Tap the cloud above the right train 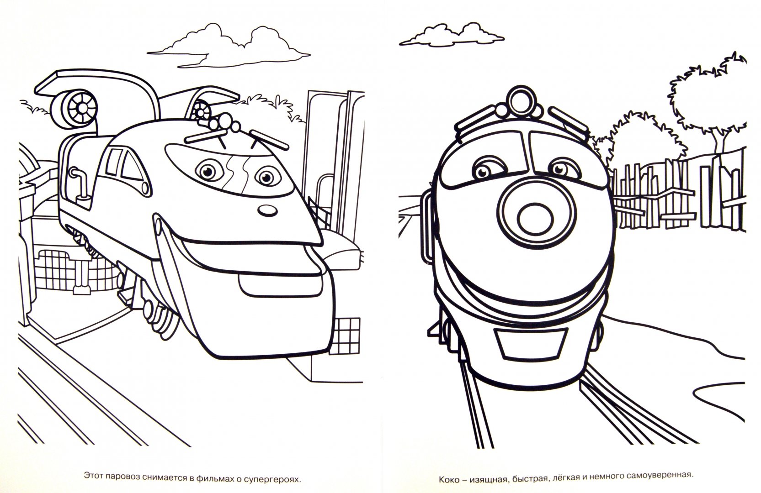click(452, 35)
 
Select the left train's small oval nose click(267, 211)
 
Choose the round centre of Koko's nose click(532, 218)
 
